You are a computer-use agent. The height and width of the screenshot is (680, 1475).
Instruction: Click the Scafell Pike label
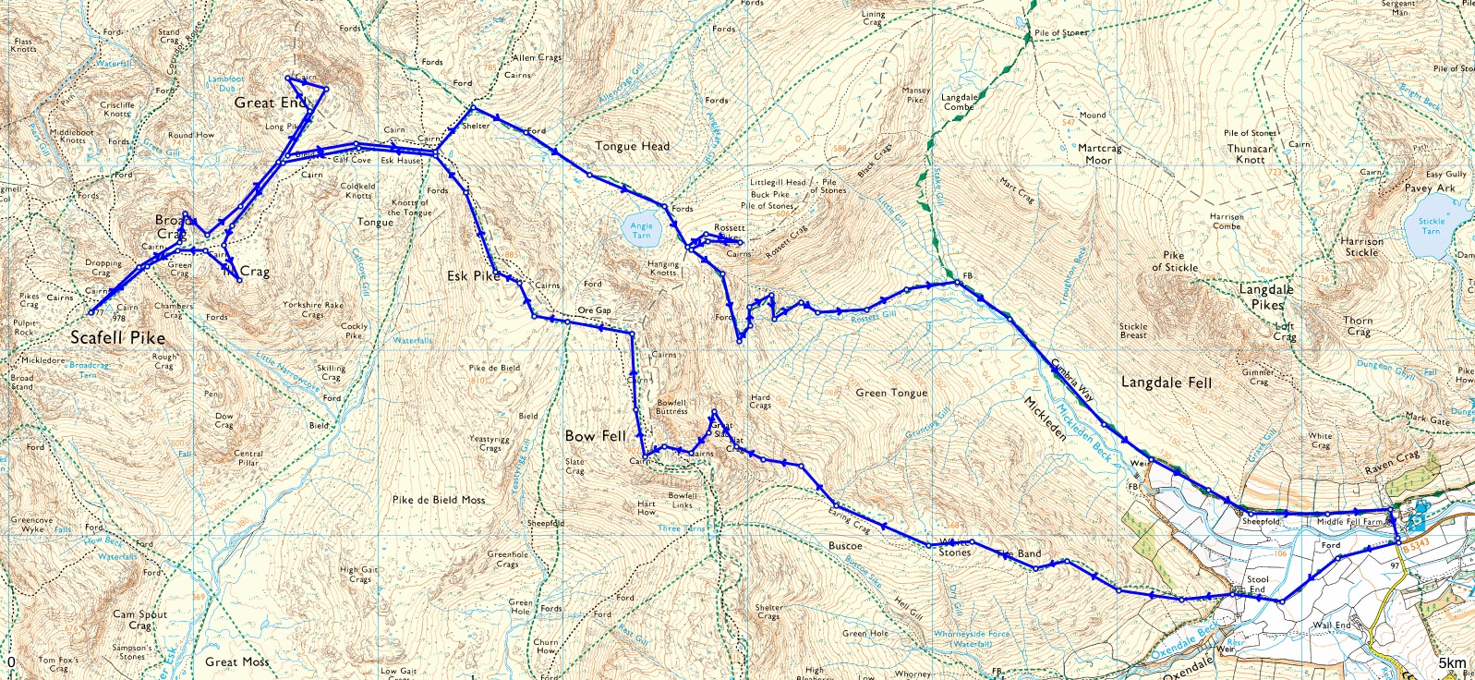coord(117,338)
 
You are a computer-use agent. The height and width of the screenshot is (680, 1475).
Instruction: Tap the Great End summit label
coord(268,103)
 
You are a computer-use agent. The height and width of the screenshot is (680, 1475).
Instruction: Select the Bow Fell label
coord(596,435)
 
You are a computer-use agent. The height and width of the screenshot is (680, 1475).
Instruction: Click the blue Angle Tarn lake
coord(641,230)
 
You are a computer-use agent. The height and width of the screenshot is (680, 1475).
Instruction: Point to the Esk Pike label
coord(473,276)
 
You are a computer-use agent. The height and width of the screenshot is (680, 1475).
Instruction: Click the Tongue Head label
coord(632,146)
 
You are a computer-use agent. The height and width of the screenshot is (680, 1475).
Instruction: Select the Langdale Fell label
coord(1166,382)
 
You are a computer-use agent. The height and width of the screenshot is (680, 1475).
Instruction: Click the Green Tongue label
coord(890,393)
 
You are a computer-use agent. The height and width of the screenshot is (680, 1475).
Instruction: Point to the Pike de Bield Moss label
coord(438,500)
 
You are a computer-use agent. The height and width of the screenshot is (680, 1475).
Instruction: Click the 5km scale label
coord(1451,663)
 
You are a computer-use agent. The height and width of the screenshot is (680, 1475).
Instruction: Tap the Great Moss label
coord(236,662)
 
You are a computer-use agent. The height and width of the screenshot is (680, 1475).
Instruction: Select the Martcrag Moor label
coord(1099,154)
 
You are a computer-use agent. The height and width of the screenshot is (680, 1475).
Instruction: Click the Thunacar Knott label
coord(1251,154)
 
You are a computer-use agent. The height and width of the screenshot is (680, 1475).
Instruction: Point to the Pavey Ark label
coord(1430,188)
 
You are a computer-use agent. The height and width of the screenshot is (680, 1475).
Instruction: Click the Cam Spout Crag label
coord(139,620)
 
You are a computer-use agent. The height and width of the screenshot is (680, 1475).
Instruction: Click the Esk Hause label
coord(401,161)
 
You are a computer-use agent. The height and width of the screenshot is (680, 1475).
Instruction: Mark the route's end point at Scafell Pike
coord(91,313)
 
